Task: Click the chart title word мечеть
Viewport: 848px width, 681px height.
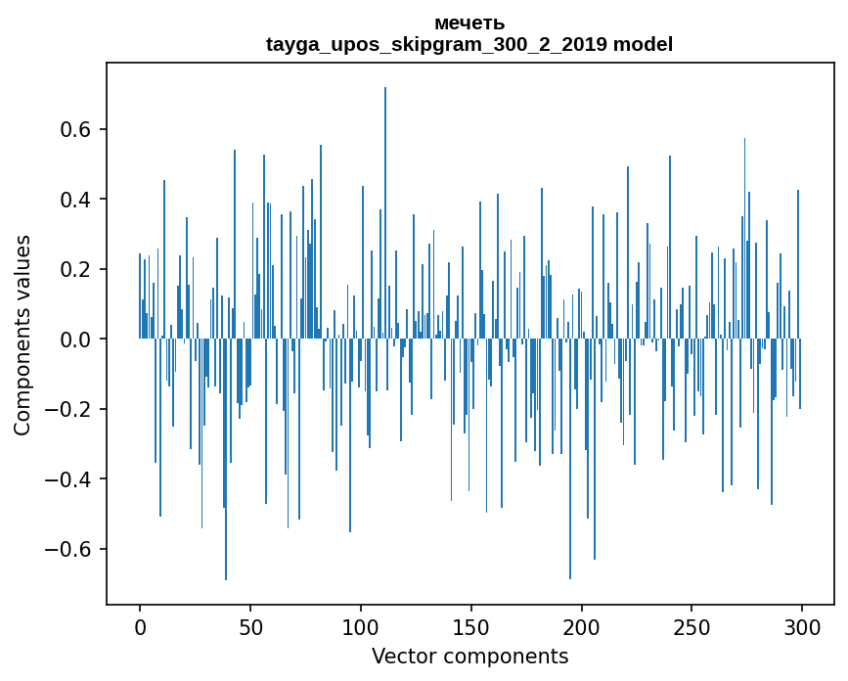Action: coord(469,23)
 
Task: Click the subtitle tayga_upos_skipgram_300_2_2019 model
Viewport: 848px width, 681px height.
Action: coord(469,44)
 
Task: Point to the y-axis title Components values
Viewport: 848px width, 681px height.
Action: coord(22,335)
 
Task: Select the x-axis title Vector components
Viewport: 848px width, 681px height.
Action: coord(469,657)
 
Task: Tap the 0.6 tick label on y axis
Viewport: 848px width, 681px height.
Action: coord(76,130)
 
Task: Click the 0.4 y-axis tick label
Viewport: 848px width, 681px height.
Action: coord(76,200)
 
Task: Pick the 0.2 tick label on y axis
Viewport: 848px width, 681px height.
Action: coord(76,269)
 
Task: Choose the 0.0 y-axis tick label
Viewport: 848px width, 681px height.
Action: coord(76,340)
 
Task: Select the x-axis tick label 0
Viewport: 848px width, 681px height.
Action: coord(140,626)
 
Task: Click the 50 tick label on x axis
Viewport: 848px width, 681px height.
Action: coord(250,626)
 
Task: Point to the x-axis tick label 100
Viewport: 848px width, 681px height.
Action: coord(361,626)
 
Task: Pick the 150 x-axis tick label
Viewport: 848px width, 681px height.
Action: coord(471,626)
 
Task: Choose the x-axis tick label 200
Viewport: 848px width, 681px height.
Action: coord(582,626)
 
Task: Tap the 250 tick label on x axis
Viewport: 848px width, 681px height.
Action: coord(692,626)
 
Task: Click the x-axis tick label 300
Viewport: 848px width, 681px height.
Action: coord(803,626)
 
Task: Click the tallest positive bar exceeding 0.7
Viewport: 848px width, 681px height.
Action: coord(385,196)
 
